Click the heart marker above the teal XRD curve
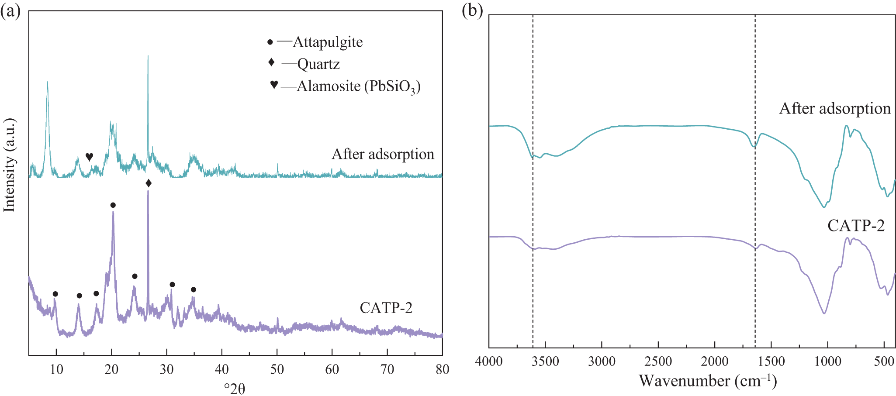(x=89, y=157)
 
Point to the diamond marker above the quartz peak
(x=149, y=183)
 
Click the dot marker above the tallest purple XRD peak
(x=113, y=205)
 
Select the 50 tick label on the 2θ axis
(x=277, y=369)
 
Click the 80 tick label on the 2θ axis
(x=442, y=369)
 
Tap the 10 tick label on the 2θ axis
(x=56, y=369)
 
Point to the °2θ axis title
(x=235, y=388)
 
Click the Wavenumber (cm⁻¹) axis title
(x=708, y=381)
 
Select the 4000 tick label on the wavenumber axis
(x=489, y=362)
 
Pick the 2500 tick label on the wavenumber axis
(x=658, y=362)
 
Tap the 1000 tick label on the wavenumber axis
(x=827, y=362)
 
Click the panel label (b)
(x=472, y=11)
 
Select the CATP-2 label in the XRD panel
(x=386, y=308)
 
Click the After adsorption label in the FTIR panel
(x=835, y=109)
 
